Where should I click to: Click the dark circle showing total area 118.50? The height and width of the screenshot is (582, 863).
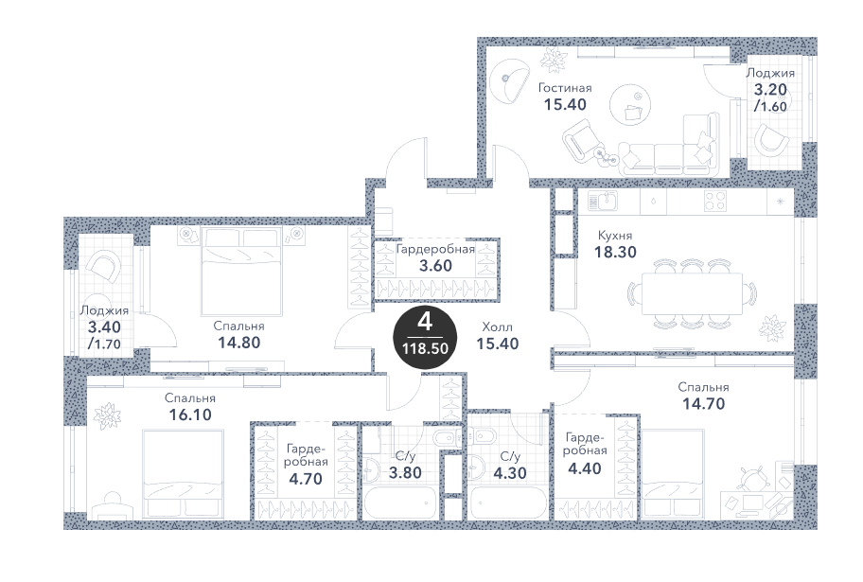[425, 336]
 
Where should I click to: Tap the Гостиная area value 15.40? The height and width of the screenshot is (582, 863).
[565, 105]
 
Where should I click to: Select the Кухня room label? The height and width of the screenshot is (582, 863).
[615, 236]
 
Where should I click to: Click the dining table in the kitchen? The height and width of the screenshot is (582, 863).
[693, 294]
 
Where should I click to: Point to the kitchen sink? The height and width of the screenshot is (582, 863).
[602, 201]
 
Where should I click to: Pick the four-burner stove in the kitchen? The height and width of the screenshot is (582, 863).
[715, 201]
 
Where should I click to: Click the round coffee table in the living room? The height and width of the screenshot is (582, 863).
[630, 104]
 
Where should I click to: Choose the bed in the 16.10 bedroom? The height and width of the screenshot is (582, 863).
[184, 474]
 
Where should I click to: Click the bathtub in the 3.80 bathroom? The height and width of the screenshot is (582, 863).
[400, 503]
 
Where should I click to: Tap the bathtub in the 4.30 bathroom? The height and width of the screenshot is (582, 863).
[510, 503]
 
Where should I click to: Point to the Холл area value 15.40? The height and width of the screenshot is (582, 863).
[498, 344]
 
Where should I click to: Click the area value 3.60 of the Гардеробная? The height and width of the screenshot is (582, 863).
[435, 265]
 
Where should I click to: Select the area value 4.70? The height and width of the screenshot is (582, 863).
[306, 479]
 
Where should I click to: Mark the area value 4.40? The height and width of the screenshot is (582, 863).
[585, 468]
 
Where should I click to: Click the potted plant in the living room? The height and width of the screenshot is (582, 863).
[554, 59]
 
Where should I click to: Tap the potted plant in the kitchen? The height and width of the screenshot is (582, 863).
[771, 327]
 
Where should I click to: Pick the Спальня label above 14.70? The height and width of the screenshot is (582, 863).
[703, 388]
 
